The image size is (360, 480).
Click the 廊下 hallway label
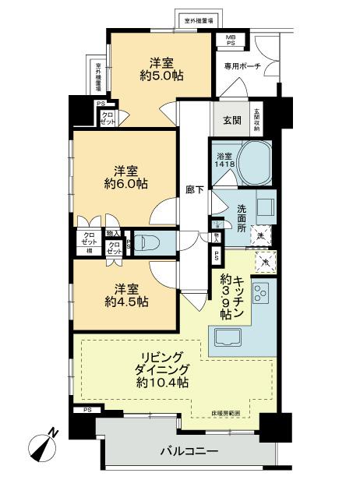196,189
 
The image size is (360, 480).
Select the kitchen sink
225,337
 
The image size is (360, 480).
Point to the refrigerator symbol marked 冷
263,263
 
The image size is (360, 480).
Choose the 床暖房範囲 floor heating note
225,411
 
